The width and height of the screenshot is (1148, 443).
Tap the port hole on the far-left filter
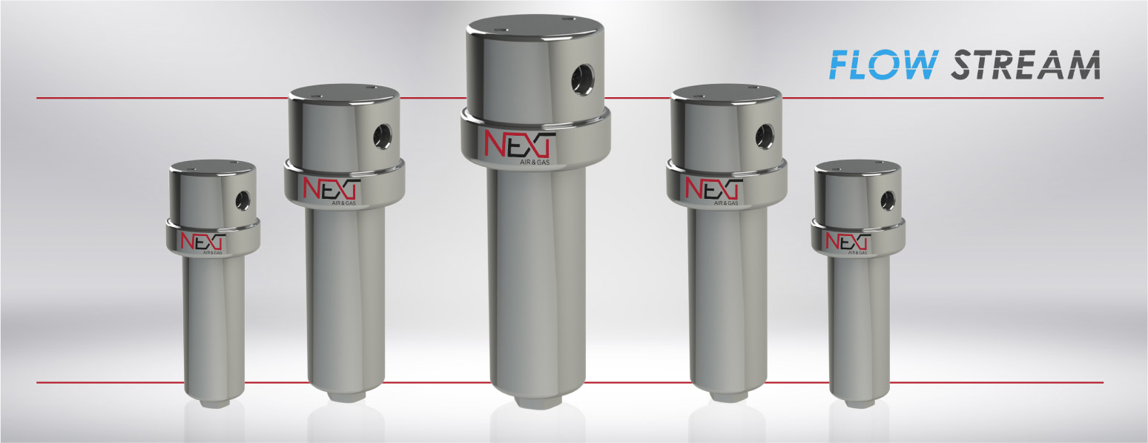[242, 199]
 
